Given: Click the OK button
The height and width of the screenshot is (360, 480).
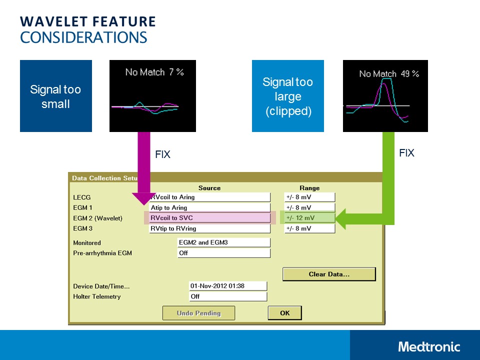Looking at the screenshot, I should tap(284, 313).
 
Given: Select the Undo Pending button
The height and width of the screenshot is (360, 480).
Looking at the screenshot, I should tap(198, 313).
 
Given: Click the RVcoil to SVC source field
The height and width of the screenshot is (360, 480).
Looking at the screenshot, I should tap(210, 218).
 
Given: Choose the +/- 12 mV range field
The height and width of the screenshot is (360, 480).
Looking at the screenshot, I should tap(309, 218).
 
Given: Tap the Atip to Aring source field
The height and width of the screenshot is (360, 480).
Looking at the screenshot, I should tap(210, 207).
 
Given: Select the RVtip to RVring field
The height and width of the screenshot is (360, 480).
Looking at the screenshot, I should tap(210, 228).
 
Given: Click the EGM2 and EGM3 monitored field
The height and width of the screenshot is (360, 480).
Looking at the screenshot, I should tap(224, 242).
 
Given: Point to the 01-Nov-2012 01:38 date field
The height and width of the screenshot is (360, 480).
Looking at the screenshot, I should tap(227, 286).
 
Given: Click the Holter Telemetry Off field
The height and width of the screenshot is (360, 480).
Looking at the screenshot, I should tap(227, 296).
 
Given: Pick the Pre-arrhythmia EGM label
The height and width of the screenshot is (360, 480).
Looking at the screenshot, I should tap(102, 253).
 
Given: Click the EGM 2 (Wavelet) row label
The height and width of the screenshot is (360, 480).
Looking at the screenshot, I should tap(97, 218).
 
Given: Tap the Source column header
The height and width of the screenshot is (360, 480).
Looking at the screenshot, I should tap(209, 188).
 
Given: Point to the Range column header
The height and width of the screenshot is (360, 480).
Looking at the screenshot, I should tap(309, 188).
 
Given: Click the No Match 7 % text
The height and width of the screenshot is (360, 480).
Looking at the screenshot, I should tap(154, 72).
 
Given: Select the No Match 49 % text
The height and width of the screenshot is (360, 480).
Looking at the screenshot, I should tap(388, 74).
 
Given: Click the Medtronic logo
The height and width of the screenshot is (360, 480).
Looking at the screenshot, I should tap(429, 346).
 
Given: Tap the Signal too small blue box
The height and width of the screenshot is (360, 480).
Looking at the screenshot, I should tap(56, 96).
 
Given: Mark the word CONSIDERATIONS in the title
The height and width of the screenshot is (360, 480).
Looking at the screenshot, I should tap(83, 37).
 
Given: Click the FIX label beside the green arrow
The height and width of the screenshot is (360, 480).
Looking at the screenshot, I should tap(406, 153).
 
